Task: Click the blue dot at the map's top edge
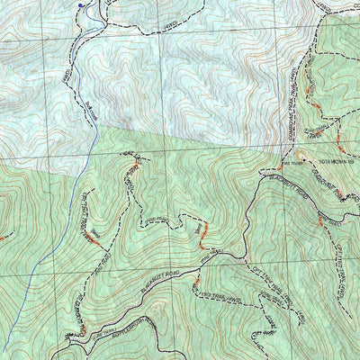pos(80,4)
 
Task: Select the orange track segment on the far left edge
pos(4,238)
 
